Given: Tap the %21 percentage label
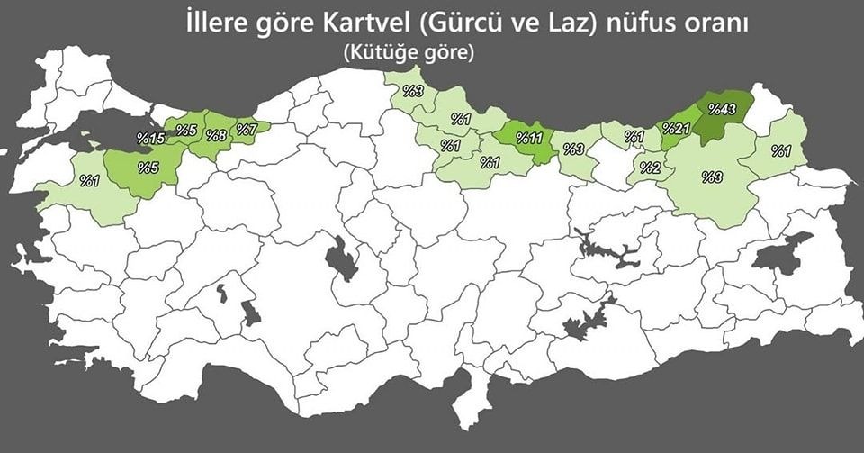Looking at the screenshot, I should (676, 129).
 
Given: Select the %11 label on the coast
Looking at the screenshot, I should (528, 139).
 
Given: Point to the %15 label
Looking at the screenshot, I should (149, 138).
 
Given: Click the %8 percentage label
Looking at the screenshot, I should (216, 136).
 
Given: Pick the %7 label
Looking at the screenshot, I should (247, 129).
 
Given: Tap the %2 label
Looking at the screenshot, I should (651, 168).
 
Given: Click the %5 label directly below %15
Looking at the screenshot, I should (148, 168).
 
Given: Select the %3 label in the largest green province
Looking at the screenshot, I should (713, 177).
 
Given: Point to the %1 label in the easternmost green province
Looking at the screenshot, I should (780, 149).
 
